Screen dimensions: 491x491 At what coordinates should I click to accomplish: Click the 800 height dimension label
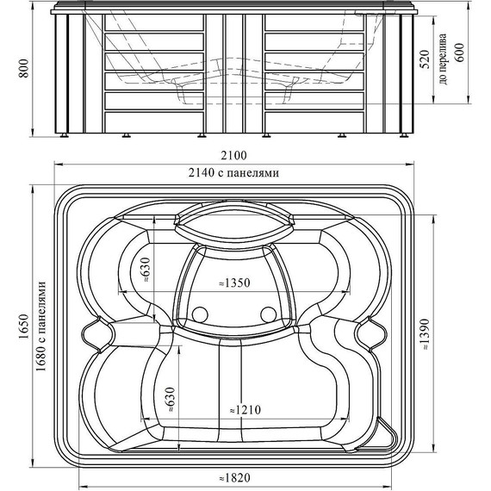tap(24, 68)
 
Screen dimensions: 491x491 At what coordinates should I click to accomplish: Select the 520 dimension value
tap(425, 59)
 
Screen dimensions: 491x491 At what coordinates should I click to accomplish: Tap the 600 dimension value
tap(460, 53)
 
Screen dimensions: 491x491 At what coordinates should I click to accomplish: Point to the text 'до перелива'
tap(443, 59)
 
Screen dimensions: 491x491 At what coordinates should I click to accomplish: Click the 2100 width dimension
tap(234, 156)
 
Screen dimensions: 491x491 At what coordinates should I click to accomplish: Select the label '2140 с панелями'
tap(233, 172)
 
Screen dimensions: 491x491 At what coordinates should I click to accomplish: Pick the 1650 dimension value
tap(24, 326)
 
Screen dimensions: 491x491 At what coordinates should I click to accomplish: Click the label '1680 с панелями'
tap(41, 326)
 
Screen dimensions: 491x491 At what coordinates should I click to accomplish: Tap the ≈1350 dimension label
tap(234, 283)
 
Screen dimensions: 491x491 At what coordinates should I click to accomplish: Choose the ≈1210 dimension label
tap(245, 409)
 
